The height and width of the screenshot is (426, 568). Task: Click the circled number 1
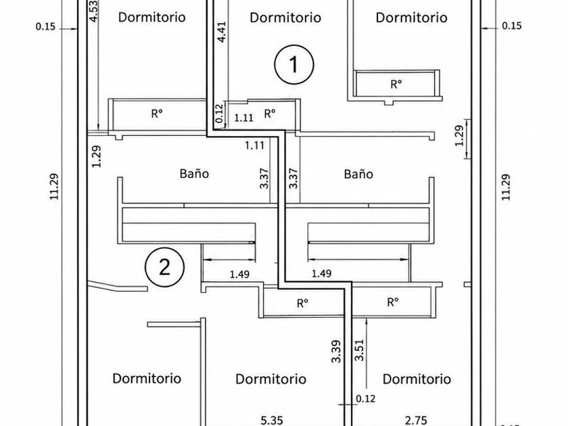[293, 64]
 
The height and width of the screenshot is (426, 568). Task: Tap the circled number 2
[164, 267]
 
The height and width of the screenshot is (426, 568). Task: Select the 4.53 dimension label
[93, 11]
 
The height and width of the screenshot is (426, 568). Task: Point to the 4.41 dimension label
[221, 32]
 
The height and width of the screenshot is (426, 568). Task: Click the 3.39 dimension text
[336, 351]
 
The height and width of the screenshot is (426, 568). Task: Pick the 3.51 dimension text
[359, 350]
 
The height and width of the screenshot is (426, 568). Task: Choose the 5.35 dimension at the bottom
[272, 420]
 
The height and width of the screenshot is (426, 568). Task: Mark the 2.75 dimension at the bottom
[417, 421]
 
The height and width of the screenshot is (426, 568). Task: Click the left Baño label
[194, 174]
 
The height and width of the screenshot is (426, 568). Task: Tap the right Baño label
[358, 174]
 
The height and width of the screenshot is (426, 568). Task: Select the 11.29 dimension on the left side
[54, 187]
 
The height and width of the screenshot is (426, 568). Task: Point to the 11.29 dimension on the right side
[506, 187]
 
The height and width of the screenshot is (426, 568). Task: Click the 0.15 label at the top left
[46, 26]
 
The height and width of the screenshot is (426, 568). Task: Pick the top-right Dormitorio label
[411, 18]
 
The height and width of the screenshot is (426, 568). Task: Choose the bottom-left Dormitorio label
[147, 378]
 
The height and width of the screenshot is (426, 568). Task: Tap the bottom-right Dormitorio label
[417, 379]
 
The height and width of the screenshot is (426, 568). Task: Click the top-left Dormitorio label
[151, 17]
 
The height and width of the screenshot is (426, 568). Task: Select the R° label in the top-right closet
[396, 84]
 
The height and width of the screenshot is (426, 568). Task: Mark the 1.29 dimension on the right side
[459, 135]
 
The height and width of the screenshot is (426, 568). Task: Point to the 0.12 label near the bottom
[366, 398]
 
